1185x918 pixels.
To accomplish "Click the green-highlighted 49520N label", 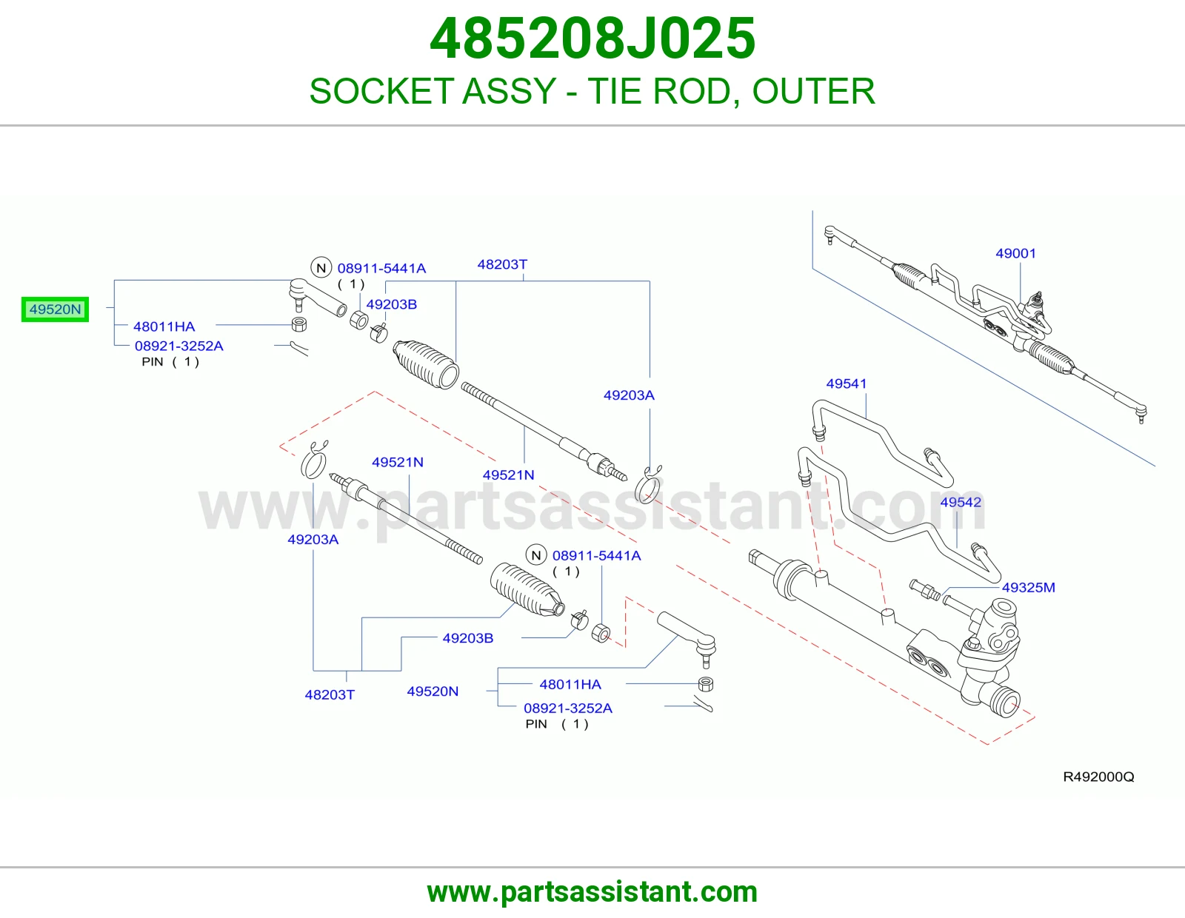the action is [x=55, y=309].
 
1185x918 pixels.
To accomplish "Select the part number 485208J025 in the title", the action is [x=592, y=38].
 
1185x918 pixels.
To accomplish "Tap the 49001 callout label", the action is [x=1015, y=253].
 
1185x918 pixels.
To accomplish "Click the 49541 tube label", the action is [x=847, y=383].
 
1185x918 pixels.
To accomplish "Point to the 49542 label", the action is [x=961, y=503].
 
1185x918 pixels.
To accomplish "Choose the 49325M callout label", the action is [x=1029, y=588].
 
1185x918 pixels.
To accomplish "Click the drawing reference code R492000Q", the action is [x=1099, y=777].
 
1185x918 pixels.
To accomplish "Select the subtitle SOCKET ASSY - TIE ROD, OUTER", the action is [x=592, y=91].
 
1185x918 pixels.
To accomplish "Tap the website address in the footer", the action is [x=592, y=892].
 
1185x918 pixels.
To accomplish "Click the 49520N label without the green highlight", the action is [x=433, y=691].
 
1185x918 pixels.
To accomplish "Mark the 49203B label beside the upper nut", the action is [x=392, y=305].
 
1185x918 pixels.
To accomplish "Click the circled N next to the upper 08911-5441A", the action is [x=321, y=268].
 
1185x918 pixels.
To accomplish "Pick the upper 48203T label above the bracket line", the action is [x=502, y=264].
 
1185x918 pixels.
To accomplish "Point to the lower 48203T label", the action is [x=330, y=695].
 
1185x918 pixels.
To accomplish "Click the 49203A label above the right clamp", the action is [x=629, y=395].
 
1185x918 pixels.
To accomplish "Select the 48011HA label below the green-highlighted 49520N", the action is [x=164, y=326].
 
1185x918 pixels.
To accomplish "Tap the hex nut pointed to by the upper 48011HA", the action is [x=298, y=324].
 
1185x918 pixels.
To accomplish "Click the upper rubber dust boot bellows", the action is [x=426, y=365].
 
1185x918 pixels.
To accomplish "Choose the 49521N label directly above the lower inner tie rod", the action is [x=398, y=462].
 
